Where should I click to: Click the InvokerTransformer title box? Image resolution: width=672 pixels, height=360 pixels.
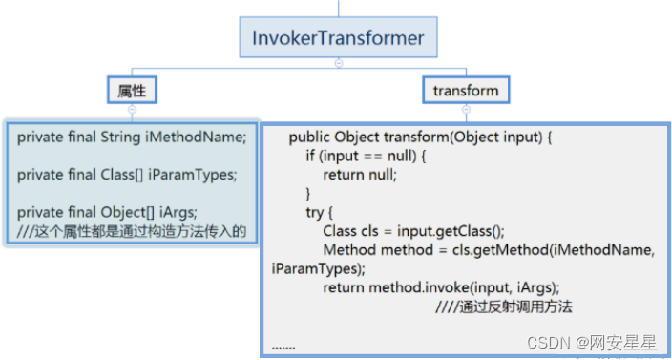[338, 38]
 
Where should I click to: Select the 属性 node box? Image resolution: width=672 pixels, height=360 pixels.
[132, 90]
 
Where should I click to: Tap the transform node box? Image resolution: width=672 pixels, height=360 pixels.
[466, 90]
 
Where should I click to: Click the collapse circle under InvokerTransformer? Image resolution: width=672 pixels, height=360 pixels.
[338, 63]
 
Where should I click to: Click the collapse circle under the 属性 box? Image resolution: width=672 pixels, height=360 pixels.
[132, 109]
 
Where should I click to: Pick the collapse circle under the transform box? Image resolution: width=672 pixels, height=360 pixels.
[466, 109]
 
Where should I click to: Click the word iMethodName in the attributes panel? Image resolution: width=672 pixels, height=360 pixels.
[196, 137]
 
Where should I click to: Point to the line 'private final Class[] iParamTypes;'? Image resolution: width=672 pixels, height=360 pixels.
[126, 175]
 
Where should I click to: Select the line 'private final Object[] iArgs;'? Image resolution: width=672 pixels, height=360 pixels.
[113, 212]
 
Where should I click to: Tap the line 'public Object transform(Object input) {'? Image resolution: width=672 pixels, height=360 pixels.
[421, 137]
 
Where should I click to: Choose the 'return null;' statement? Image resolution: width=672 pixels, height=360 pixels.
[359, 174]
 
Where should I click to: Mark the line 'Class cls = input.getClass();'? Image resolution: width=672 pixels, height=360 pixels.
[413, 230]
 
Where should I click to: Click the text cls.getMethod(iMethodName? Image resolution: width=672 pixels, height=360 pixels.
[564, 249]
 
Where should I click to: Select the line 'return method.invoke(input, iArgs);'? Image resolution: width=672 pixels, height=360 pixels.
[441, 286]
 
